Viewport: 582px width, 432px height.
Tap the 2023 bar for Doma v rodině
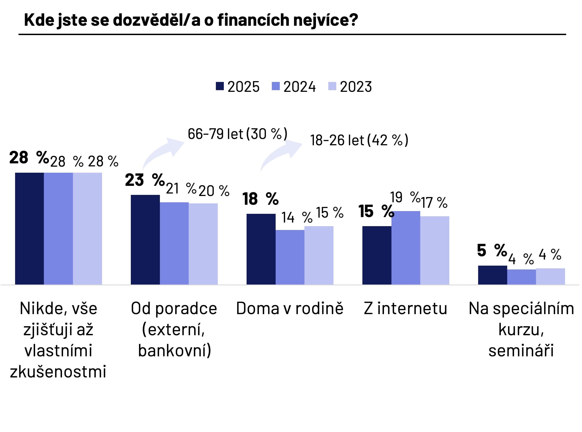(x=319, y=255)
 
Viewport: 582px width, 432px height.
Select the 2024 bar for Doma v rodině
(x=290, y=257)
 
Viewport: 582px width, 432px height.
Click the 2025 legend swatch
(x=220, y=86)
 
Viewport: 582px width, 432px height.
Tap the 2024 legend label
(x=300, y=87)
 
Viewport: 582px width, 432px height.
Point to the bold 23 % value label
(x=145, y=180)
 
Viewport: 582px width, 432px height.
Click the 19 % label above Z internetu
(x=405, y=197)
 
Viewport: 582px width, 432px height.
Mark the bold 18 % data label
(x=260, y=199)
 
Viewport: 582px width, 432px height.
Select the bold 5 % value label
(x=492, y=250)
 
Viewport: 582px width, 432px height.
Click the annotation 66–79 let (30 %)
(x=238, y=134)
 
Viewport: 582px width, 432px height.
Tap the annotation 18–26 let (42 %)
(x=359, y=140)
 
